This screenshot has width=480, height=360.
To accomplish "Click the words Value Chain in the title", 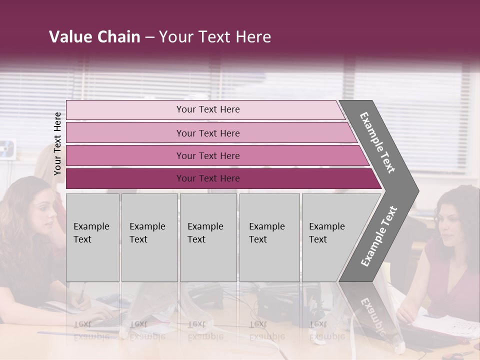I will pos(94,37).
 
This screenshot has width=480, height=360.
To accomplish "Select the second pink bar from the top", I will pos(207,133).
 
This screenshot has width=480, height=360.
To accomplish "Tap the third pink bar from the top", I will pos(207,155).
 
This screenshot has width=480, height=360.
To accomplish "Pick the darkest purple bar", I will pos(207,178).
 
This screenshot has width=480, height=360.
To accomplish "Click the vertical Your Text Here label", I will pos(57,143).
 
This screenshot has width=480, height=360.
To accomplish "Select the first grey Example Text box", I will pos(92,237).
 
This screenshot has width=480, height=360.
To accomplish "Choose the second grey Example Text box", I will pos(149,237).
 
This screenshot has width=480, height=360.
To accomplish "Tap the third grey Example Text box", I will pos(208,237).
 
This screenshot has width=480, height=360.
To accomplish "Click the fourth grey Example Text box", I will pos(269,237).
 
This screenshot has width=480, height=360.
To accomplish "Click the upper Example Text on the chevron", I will pos(378,142).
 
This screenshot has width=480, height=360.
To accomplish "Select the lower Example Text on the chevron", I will pos(379,236).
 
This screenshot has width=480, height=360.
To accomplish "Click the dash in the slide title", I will pos(149,37).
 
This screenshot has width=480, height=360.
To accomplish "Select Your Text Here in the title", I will pos(215,37).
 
